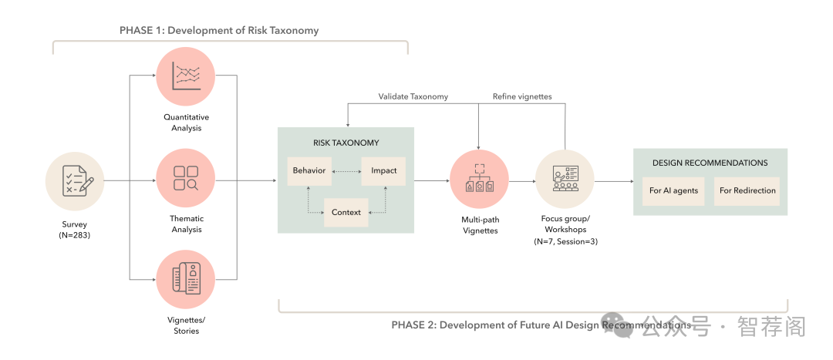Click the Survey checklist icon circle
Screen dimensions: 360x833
click(x=75, y=181)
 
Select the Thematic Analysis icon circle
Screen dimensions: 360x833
click(x=185, y=179)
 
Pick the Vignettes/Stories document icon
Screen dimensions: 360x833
click(x=185, y=280)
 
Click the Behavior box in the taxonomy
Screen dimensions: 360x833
click(x=309, y=170)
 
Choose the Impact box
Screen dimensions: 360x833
click(x=383, y=170)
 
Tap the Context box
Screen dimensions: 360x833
click(x=346, y=212)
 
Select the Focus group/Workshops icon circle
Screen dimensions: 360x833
click(x=564, y=180)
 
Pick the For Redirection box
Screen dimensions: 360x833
click(x=747, y=190)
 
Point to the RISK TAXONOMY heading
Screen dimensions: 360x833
click(x=346, y=143)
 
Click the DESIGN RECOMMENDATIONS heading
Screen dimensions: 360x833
click(x=710, y=163)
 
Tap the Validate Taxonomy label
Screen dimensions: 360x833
click(x=413, y=96)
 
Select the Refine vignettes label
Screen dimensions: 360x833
click(x=522, y=96)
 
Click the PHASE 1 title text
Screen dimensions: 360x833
click(x=219, y=30)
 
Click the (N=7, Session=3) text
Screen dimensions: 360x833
click(x=565, y=241)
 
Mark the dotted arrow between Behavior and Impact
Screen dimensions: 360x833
click(x=346, y=170)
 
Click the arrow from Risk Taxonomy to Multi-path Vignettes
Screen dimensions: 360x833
click(x=432, y=181)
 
